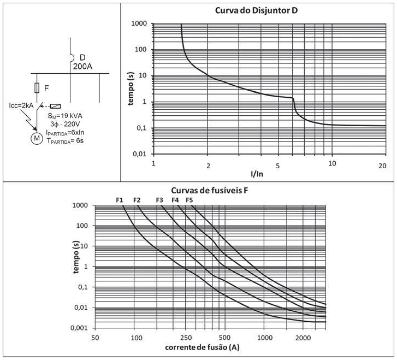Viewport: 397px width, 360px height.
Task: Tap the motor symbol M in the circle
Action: pos(37,138)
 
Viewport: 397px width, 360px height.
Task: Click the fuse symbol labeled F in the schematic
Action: pos(37,87)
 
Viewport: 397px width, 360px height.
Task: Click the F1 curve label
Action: pos(120,200)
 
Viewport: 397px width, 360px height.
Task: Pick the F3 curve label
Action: pos(159,200)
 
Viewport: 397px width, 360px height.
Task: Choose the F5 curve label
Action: pos(189,200)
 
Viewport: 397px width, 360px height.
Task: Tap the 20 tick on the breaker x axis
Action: pos(382,164)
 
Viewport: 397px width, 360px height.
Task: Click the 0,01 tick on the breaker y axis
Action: pos(140,155)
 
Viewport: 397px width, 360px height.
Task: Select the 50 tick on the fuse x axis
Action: pos(94,337)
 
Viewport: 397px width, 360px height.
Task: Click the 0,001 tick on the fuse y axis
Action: pos(82,328)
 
